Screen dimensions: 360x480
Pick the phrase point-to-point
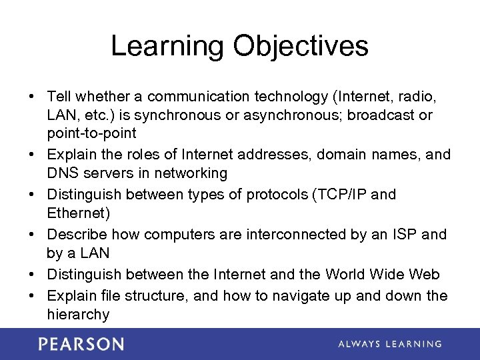pyautogui.click(x=91, y=133)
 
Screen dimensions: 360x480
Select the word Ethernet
pyautogui.click(x=77, y=213)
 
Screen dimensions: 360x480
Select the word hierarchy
pyautogui.click(x=77, y=315)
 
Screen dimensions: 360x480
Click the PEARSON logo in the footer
pyautogui.click(x=81, y=344)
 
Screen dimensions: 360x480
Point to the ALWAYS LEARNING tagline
pyautogui.click(x=389, y=344)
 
